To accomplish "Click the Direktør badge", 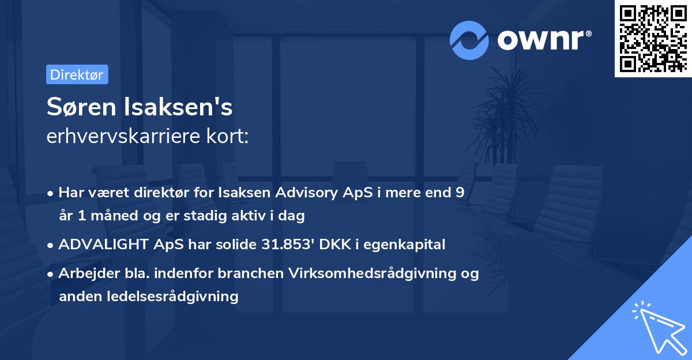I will tap(77, 74).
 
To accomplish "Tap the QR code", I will tap(653, 39).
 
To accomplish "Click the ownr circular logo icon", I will tap(469, 40).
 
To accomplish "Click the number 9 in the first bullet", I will tap(460, 193).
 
